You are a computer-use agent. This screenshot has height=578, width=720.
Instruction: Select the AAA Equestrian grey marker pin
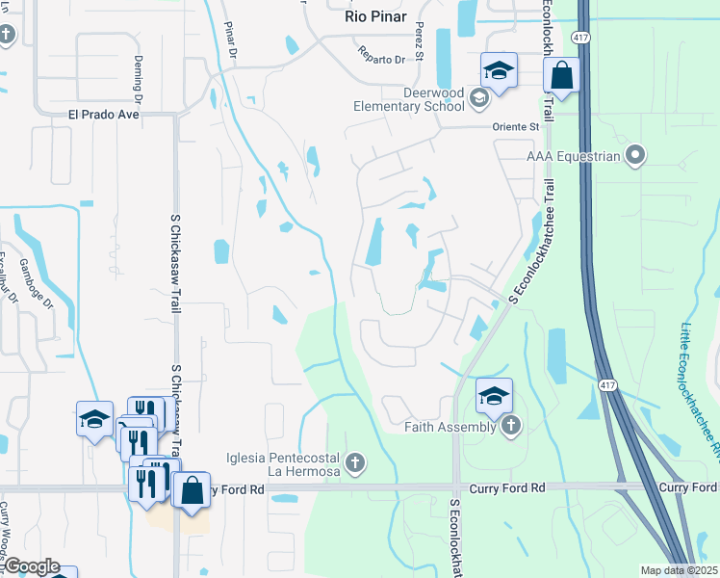point(634,155)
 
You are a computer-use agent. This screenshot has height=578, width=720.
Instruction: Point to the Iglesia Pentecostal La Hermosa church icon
point(355,464)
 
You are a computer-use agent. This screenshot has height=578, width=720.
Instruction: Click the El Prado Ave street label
point(104,114)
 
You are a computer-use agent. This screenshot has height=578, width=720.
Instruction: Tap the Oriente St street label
point(518,126)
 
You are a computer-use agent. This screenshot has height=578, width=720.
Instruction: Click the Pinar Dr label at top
point(229,39)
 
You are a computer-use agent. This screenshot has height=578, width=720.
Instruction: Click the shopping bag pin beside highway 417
point(561,75)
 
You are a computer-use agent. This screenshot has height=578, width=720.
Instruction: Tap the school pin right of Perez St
point(499,69)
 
